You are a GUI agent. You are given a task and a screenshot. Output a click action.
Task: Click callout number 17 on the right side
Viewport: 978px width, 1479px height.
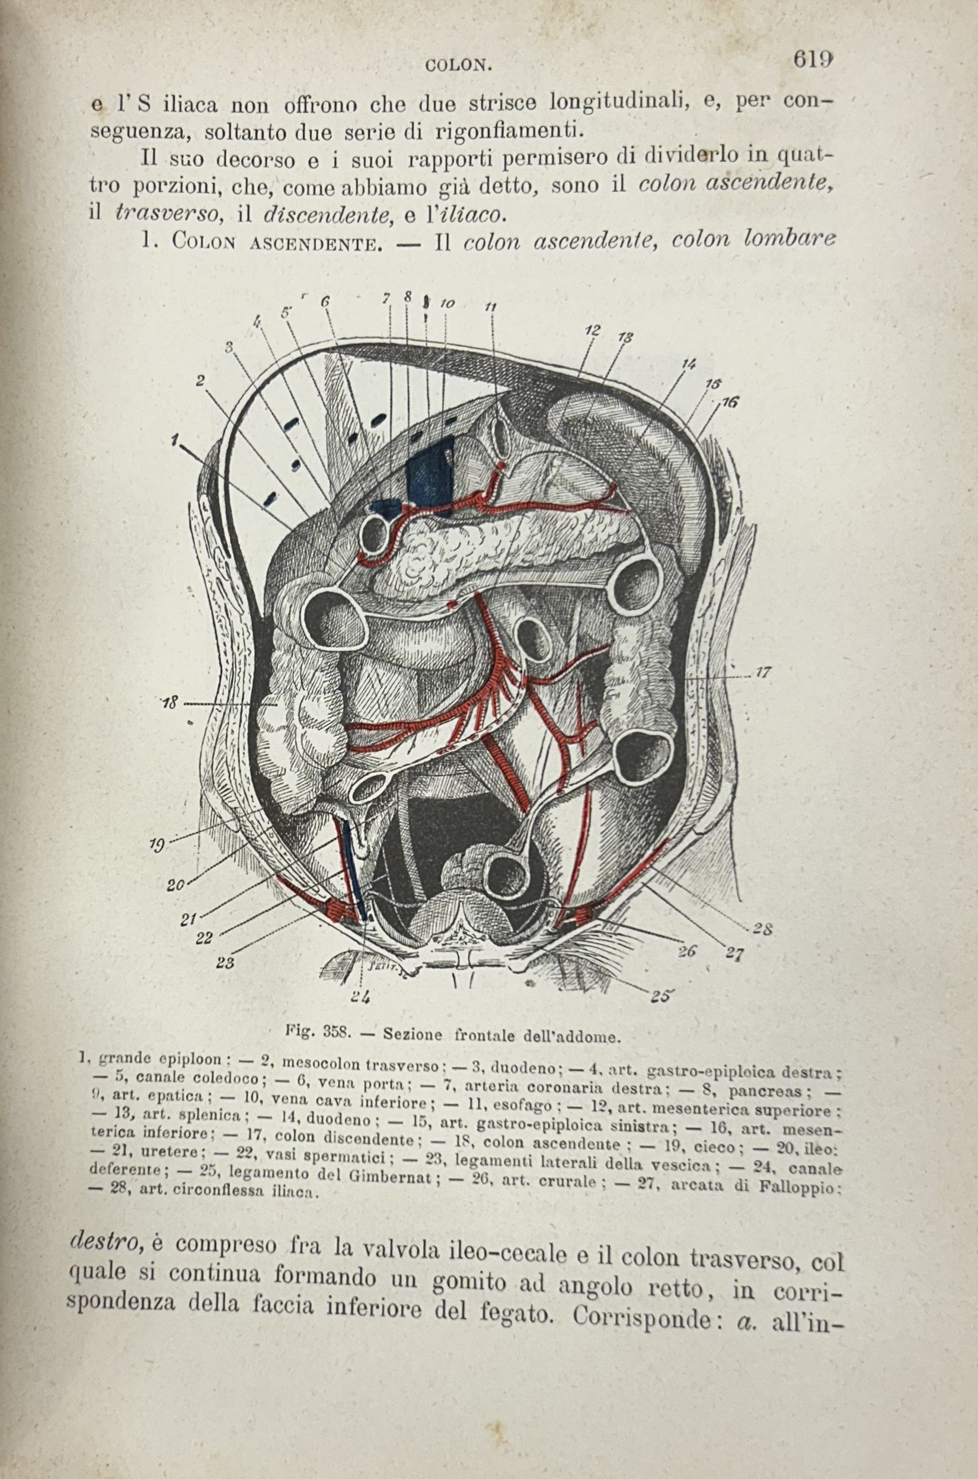(763, 672)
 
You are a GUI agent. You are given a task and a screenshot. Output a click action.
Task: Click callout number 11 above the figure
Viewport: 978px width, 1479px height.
(490, 307)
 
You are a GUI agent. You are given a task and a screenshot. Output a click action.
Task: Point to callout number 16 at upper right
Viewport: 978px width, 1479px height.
(730, 403)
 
